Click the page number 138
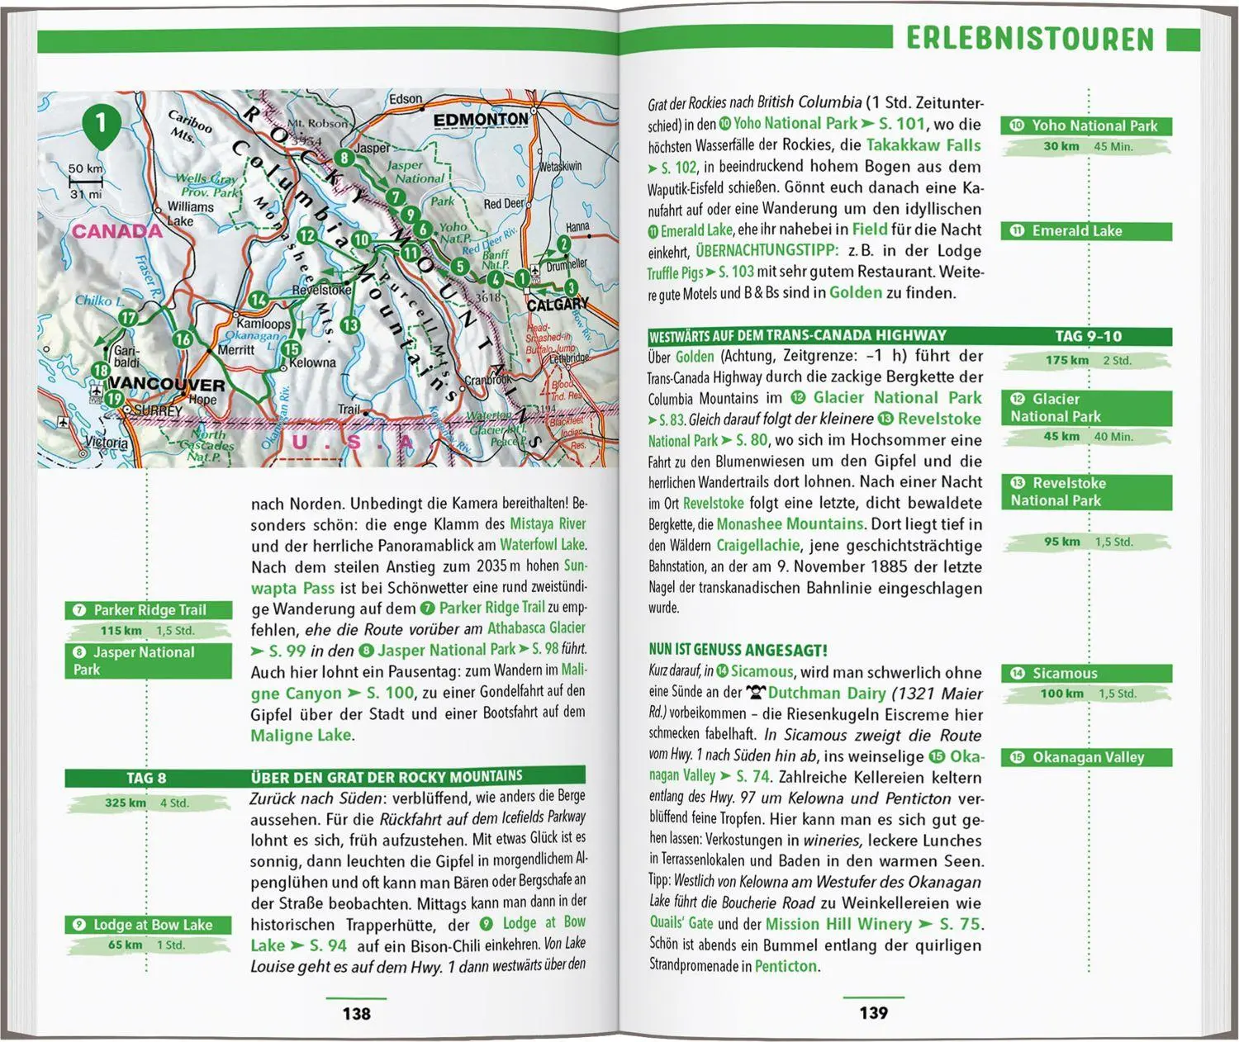tap(356, 1013)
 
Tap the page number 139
tap(873, 1013)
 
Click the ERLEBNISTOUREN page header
tap(1029, 39)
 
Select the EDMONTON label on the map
tap(481, 120)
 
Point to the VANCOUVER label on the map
tap(166, 385)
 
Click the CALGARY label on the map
tap(558, 305)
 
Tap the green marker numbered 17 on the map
tap(127, 318)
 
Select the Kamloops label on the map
tap(263, 324)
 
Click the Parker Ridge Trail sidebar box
tap(149, 610)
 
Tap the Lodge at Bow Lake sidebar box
tap(149, 925)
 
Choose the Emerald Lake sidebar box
tap(1087, 231)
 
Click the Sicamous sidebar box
tap(1087, 673)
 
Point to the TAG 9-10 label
tap(1088, 336)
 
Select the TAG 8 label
tap(146, 778)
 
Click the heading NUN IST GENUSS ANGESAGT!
tap(738, 651)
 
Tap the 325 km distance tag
tap(126, 803)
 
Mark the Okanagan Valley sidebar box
tap(1087, 757)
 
